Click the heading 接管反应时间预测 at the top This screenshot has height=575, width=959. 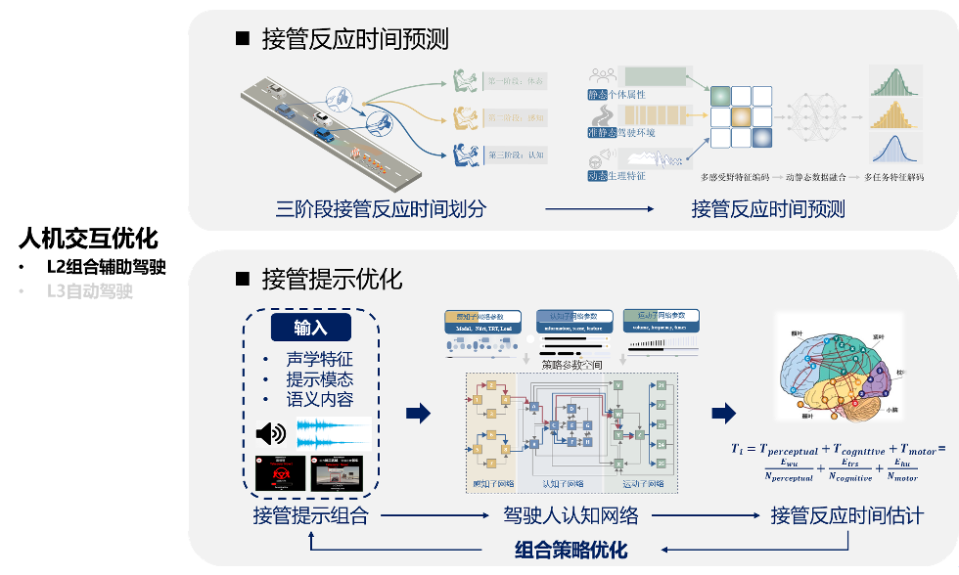click(354, 39)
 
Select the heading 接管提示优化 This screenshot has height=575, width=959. click(332, 279)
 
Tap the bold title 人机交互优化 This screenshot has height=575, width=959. click(88, 239)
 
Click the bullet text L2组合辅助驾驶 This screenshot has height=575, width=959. click(107, 266)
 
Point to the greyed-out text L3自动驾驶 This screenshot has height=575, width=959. click(89, 290)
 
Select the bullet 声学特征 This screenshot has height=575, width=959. click(319, 359)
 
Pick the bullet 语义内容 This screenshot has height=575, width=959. click(319, 399)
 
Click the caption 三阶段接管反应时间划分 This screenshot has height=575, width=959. click(381, 208)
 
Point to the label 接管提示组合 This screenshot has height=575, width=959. click(310, 514)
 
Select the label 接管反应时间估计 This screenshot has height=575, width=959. click(846, 514)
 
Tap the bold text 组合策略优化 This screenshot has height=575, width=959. click(571, 549)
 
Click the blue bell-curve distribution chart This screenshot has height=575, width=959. click(899, 149)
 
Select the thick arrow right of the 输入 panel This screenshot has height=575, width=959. click(418, 414)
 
